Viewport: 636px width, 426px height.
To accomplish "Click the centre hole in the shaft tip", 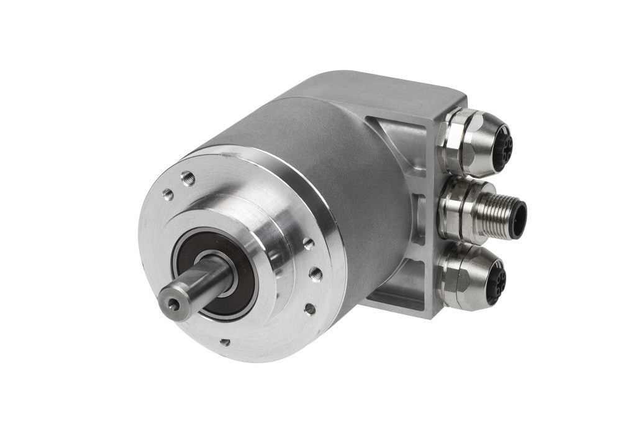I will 171,294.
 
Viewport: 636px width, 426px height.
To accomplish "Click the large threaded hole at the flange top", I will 188,179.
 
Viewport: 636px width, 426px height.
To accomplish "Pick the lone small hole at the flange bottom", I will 225,341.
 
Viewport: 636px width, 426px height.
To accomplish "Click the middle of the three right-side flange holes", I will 315,272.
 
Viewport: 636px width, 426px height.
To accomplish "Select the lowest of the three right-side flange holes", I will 309,307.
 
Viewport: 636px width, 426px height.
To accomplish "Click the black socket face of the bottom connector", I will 497,284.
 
